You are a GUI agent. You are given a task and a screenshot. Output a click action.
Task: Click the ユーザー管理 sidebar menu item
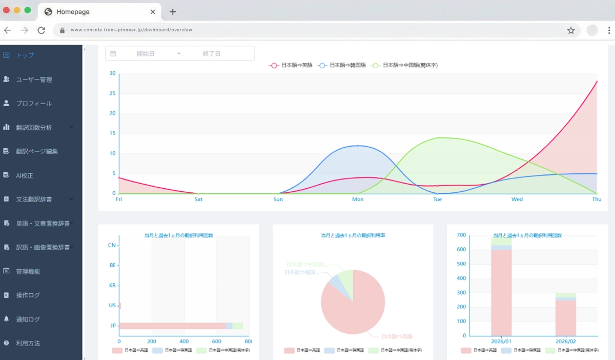pyautogui.click(x=34, y=79)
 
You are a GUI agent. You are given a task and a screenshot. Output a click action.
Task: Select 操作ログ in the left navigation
pyautogui.click(x=28, y=295)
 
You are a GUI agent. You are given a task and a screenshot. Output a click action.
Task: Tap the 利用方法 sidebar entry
pyautogui.click(x=28, y=343)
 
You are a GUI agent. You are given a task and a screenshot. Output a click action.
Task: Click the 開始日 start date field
pyautogui.click(x=146, y=53)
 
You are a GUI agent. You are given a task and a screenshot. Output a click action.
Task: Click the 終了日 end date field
pyautogui.click(x=211, y=53)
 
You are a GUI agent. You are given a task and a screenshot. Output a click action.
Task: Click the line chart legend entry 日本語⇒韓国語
pyautogui.click(x=342, y=66)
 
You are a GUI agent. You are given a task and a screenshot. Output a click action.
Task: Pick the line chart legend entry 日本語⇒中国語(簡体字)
pyautogui.click(x=405, y=66)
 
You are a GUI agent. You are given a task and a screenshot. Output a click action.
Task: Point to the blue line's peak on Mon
pyautogui.click(x=358, y=146)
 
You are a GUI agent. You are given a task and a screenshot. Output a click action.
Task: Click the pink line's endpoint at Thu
pyautogui.click(x=597, y=82)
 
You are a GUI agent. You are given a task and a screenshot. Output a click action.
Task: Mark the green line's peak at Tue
pyautogui.click(x=438, y=137)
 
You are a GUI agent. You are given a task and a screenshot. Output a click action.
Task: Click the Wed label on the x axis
pyautogui.click(x=517, y=199)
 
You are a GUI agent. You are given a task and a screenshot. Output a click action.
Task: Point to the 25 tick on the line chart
pyautogui.click(x=113, y=93)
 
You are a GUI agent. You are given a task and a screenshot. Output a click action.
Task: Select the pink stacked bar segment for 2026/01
pyautogui.click(x=501, y=292)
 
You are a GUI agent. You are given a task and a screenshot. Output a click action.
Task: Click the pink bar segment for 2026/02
pyautogui.click(x=565, y=318)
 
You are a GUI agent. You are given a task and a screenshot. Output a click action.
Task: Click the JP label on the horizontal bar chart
pyautogui.click(x=113, y=326)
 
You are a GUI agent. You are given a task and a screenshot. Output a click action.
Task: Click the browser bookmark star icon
pyautogui.click(x=571, y=30)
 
